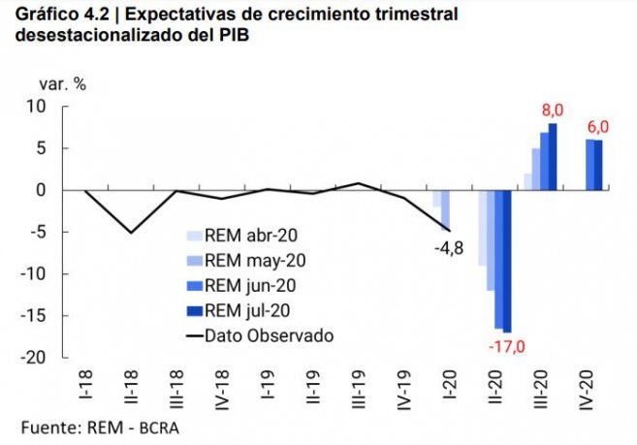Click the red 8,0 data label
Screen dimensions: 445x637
click(x=551, y=111)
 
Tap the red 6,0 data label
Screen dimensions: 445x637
click(x=597, y=127)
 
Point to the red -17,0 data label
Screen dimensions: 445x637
click(x=506, y=345)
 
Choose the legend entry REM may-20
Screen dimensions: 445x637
click(x=246, y=260)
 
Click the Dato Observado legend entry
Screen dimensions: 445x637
click(x=260, y=335)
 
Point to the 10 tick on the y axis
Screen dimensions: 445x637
click(x=38, y=106)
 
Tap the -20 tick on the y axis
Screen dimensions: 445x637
click(x=34, y=357)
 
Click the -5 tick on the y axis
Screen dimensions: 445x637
click(x=38, y=232)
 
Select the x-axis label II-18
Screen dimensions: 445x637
click(x=130, y=388)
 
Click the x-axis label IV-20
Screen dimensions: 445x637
click(x=586, y=389)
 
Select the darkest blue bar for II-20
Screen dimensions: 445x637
click(x=506, y=262)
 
